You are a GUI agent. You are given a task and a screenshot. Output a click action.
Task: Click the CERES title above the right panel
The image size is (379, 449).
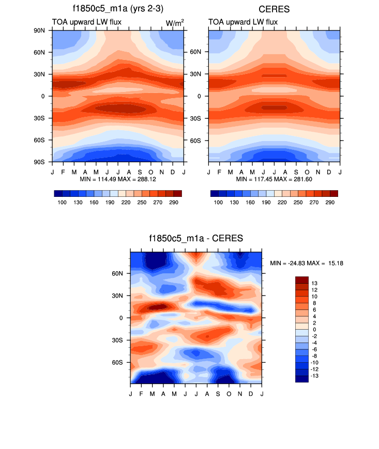[x=275, y=9]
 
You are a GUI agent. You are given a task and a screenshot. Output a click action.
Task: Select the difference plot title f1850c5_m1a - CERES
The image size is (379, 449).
[x=195, y=238]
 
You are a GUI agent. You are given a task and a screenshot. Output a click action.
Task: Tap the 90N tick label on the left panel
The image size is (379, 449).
[x=41, y=30]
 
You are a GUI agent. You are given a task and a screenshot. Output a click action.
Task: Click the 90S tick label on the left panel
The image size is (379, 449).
[x=41, y=162]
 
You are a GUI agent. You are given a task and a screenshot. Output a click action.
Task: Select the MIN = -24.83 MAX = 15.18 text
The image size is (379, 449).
[x=307, y=264]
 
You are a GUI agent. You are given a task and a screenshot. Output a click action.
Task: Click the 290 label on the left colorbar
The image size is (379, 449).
[x=173, y=203]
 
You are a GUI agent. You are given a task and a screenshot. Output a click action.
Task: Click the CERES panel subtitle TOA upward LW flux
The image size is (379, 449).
[x=242, y=22]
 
